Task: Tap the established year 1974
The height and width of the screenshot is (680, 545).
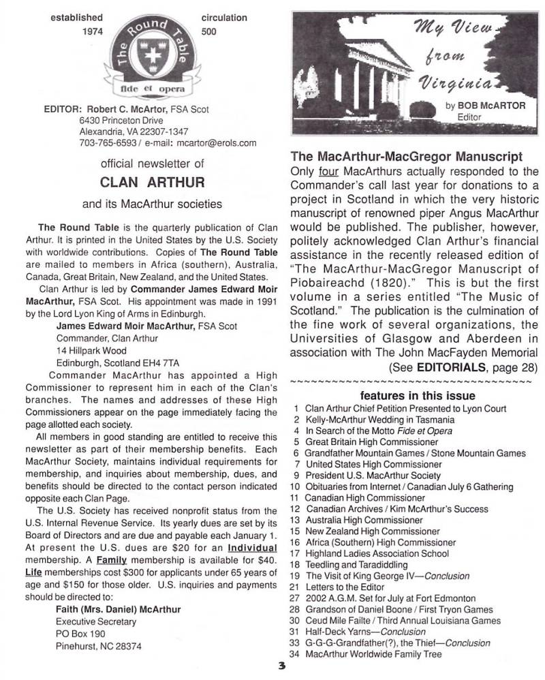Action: coord(91,31)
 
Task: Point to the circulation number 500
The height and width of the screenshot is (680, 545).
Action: coord(209,31)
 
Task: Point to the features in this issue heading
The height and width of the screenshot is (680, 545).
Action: coord(417,396)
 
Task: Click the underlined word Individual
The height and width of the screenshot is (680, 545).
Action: coord(251,547)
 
